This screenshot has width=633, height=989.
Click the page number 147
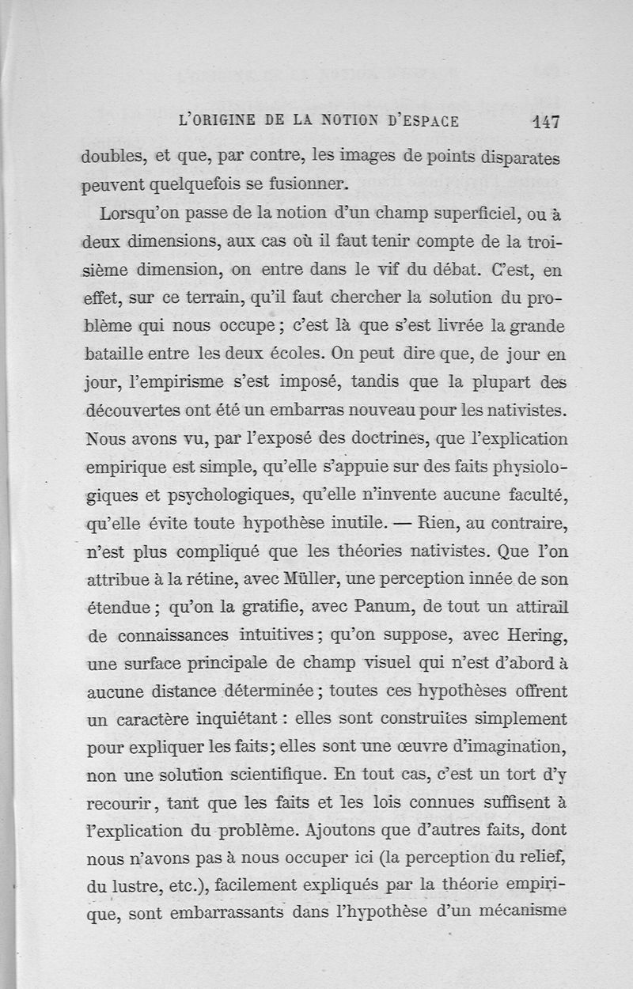point(546,122)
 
